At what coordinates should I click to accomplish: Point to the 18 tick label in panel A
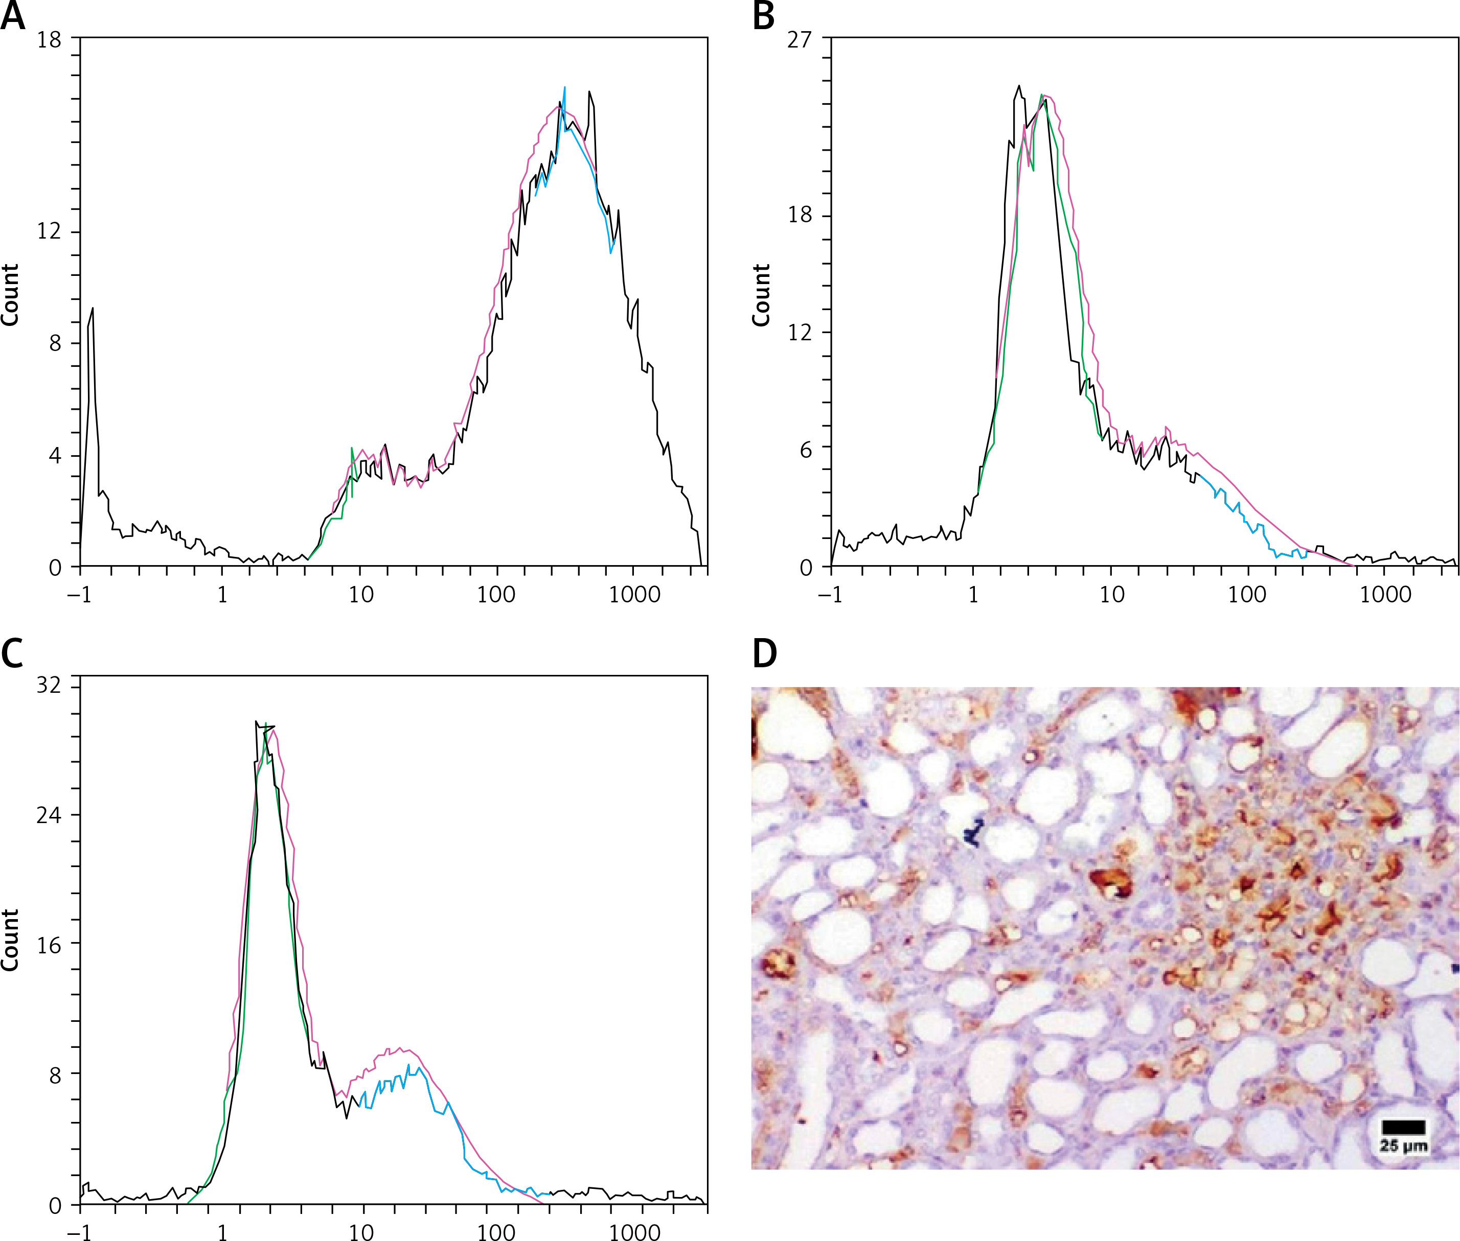[x=49, y=39]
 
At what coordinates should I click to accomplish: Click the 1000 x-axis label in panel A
[x=634, y=595]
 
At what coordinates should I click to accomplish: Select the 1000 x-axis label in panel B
[x=1385, y=595]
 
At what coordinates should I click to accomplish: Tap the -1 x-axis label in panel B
[x=831, y=595]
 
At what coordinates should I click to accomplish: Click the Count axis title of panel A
[x=10, y=295]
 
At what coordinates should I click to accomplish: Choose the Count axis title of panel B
[x=761, y=295]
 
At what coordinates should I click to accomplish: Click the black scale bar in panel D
[x=1403, y=1127]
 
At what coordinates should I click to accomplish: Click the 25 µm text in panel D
[x=1403, y=1146]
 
